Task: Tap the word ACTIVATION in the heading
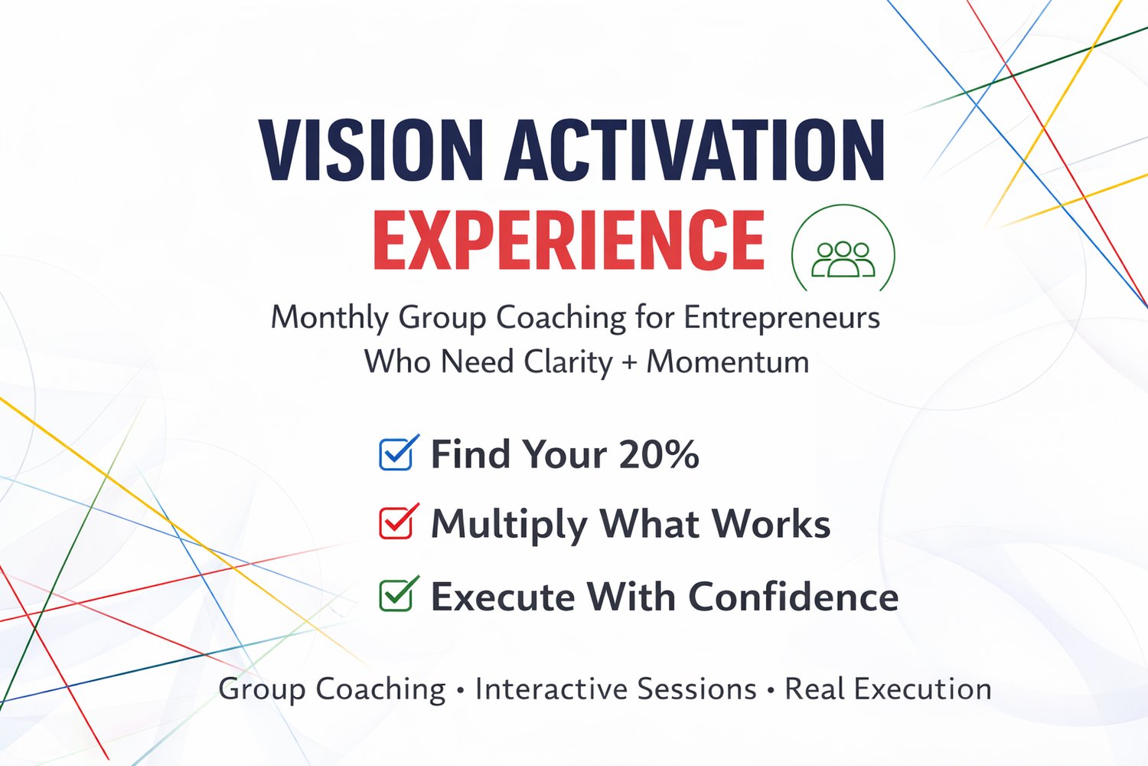[695, 150]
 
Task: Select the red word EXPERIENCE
[569, 240]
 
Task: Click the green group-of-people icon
[843, 260]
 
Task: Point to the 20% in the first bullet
[659, 454]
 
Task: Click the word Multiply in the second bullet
[509, 525]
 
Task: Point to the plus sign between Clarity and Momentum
[630, 363]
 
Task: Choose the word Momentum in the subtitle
[729, 362]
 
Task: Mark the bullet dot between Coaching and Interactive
[460, 691]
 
